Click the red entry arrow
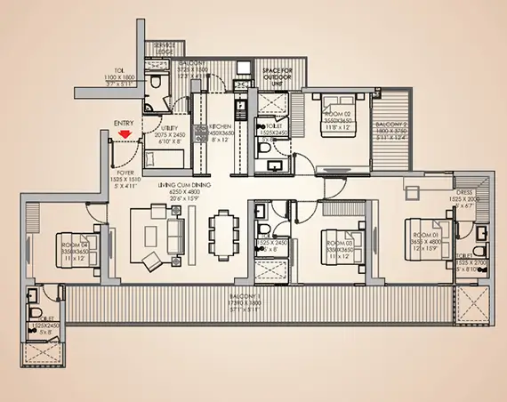click(125, 135)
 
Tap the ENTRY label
click(125, 125)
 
